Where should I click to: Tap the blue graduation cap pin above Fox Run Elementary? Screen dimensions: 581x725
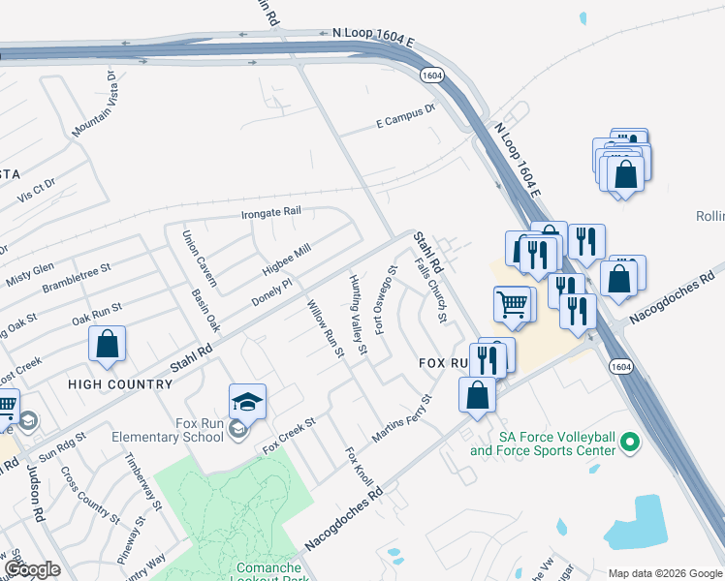247,401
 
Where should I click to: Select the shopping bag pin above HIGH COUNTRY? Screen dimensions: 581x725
107,344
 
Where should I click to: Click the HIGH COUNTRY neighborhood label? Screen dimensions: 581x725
120,384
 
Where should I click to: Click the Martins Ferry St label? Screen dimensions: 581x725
400,418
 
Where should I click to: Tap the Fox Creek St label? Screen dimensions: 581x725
290,435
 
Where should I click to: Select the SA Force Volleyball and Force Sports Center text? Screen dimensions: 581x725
543,443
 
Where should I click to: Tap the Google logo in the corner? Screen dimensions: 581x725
32,569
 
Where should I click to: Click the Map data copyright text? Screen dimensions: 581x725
664,573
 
